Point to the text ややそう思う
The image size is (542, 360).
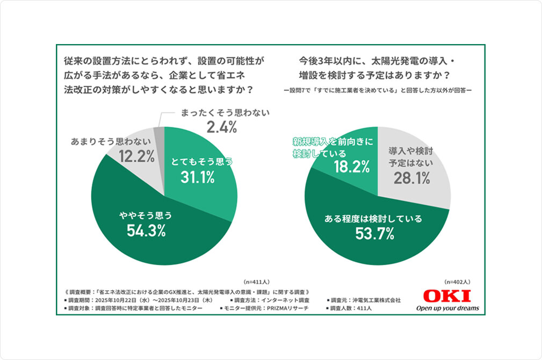[x=146, y=216]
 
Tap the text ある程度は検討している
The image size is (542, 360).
[x=374, y=219]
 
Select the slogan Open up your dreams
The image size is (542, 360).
[x=447, y=308]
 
